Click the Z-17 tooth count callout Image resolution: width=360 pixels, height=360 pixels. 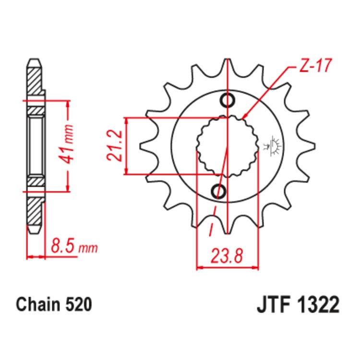pos(315,67)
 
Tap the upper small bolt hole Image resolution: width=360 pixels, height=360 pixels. pos(227,100)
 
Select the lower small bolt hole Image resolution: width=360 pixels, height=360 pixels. pos(218,191)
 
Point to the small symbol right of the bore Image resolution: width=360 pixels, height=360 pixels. pos(275,144)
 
